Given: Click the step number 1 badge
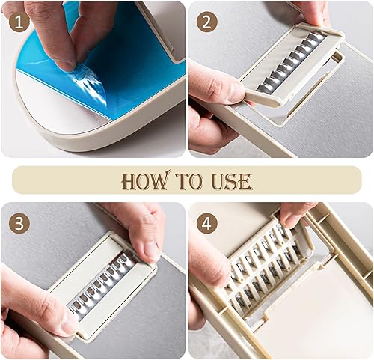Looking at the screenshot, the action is coord(19,23).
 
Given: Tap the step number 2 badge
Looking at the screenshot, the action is coord(207,23).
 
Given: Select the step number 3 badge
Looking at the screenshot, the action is coord(19,224).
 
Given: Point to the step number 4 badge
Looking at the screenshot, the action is coord(207,224).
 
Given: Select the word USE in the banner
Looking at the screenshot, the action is coord(231,181).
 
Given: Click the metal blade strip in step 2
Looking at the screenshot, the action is coord(292,61).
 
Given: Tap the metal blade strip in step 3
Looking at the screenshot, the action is coord(102,284).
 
